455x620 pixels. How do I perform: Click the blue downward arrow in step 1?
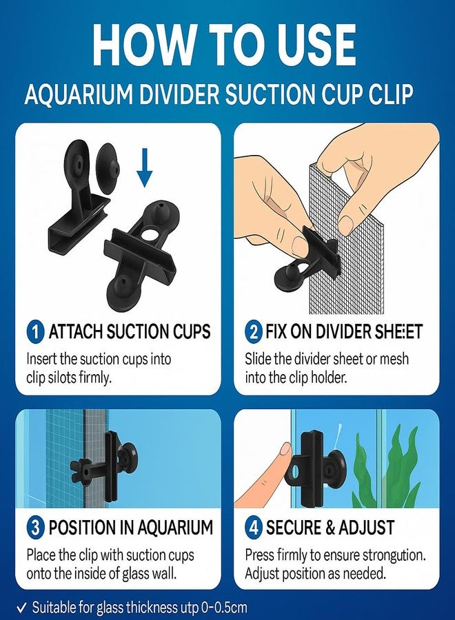144,168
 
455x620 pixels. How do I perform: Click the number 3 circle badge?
35,529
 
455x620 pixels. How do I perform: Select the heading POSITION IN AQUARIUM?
130,529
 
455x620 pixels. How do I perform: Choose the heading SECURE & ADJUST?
330,529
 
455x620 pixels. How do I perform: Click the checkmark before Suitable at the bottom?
21,608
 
